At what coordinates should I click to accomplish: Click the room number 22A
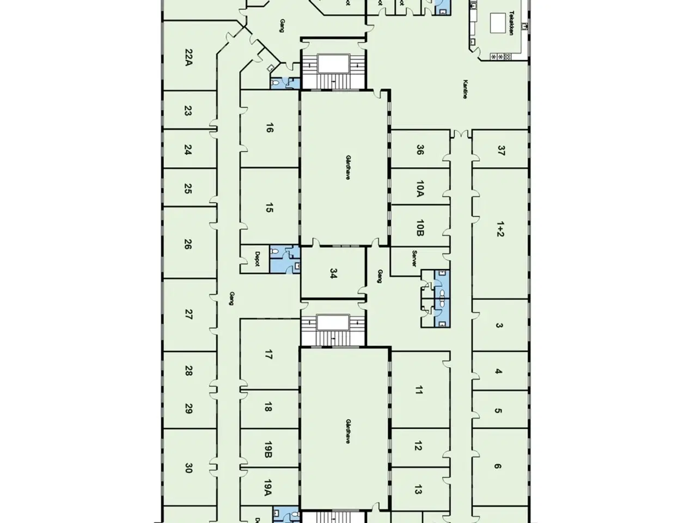click(x=188, y=57)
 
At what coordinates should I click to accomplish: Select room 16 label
click(x=269, y=129)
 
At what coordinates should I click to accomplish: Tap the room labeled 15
click(x=269, y=208)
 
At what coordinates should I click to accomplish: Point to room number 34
click(x=334, y=273)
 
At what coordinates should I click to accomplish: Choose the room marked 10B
click(x=419, y=228)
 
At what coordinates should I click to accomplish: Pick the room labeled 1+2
click(x=500, y=230)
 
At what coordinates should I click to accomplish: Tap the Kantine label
click(x=465, y=89)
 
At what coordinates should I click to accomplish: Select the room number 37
click(x=500, y=150)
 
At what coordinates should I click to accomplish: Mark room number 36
click(x=419, y=150)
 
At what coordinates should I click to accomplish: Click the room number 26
click(x=188, y=244)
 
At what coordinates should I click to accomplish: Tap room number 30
click(x=188, y=467)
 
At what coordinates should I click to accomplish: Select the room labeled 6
click(x=498, y=466)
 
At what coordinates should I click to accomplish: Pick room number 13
click(x=418, y=489)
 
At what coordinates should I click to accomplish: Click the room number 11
click(x=418, y=390)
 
